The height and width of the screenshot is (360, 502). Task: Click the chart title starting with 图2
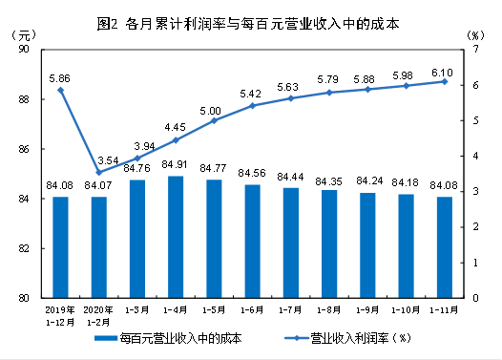(248, 24)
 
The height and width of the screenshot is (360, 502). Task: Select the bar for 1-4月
(176, 237)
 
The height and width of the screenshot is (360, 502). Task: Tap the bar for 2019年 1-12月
(60, 247)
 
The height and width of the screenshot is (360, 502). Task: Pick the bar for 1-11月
(445, 247)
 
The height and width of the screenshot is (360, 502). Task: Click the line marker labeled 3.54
(99, 172)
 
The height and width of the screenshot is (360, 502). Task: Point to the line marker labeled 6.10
(445, 82)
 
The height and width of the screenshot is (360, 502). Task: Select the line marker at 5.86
(60, 91)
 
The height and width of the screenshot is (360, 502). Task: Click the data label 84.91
(175, 164)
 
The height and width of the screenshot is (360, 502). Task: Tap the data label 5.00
(210, 111)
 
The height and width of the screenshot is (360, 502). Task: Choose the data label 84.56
(252, 173)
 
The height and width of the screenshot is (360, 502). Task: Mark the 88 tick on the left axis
(24, 99)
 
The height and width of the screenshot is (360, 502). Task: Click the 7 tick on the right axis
(475, 49)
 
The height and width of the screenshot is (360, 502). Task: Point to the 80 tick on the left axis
(24, 298)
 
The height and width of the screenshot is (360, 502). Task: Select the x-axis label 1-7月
(290, 310)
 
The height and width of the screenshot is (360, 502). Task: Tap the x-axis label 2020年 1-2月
(98, 316)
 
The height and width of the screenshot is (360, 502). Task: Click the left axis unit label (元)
(24, 35)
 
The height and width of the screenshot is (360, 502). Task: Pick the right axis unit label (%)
(475, 35)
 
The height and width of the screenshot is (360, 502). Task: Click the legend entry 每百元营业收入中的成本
(168, 338)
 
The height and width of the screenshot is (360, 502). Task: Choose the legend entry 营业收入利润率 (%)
(348, 338)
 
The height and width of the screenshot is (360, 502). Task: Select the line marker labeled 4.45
(176, 140)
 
